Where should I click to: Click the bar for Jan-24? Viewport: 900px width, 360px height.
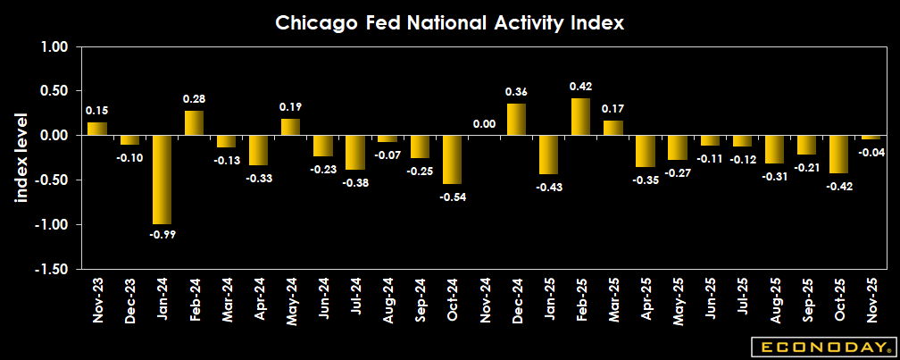(x=162, y=180)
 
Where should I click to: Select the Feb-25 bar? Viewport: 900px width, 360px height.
(x=580, y=117)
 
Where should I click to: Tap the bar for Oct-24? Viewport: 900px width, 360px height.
(x=452, y=160)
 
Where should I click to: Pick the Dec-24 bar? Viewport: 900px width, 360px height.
(x=516, y=120)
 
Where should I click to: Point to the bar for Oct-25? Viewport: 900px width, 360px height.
(x=838, y=155)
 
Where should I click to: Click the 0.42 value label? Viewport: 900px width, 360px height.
(x=580, y=87)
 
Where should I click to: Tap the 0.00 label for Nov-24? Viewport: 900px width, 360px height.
(x=484, y=124)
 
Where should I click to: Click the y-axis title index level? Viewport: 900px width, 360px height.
(x=22, y=157)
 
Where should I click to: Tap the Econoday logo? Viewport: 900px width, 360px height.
(x=822, y=346)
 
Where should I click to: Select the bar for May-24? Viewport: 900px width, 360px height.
(x=290, y=127)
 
